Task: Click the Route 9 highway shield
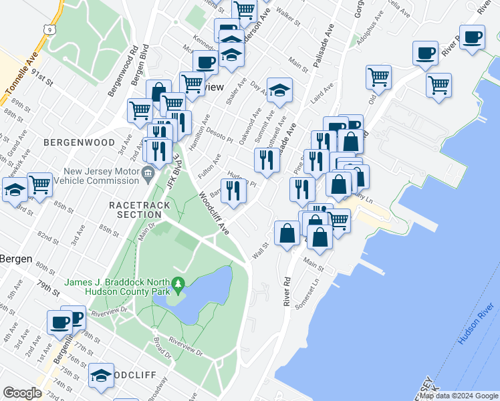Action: (44, 29)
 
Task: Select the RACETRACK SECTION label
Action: (136, 209)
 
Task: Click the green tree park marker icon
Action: (178, 284)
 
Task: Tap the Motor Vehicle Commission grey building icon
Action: (148, 176)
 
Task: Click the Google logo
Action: (22, 393)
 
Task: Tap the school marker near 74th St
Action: (102, 376)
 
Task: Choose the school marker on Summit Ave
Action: (280, 90)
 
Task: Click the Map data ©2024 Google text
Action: (459, 396)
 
